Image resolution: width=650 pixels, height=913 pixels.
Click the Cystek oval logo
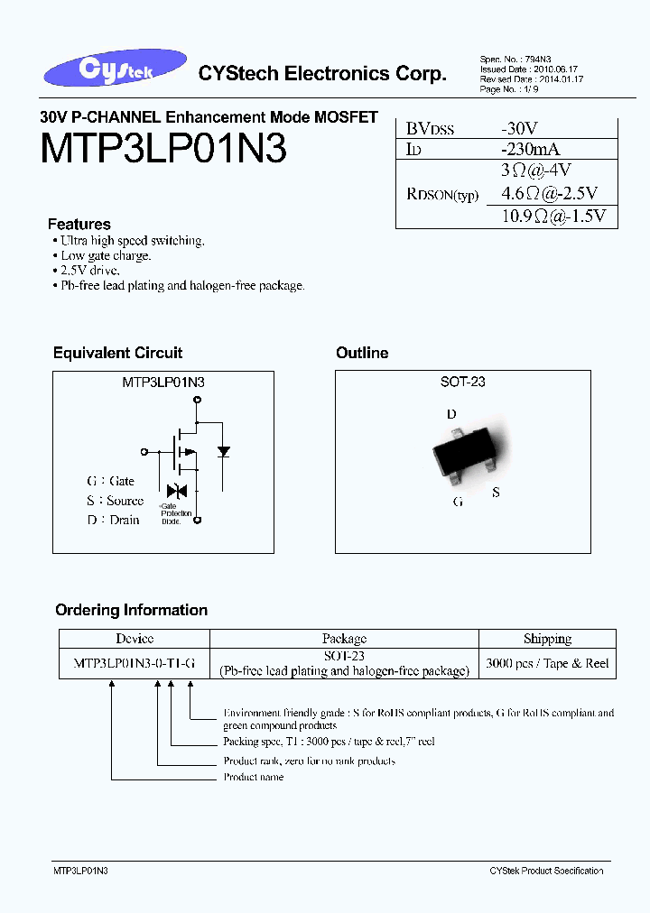[x=114, y=70]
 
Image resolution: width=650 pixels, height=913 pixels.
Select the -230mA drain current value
[x=532, y=149]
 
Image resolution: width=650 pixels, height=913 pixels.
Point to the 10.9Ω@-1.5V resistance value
[x=552, y=216]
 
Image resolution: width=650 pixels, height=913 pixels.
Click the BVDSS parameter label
[x=429, y=129]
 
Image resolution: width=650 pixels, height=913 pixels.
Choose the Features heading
[x=79, y=224]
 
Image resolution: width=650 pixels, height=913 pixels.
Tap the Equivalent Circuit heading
[x=117, y=353]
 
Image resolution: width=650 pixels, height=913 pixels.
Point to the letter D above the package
[x=451, y=414]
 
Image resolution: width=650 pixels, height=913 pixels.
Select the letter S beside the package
[x=496, y=493]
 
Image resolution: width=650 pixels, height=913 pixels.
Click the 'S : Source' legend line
[x=115, y=501]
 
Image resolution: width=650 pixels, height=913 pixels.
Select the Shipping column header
[x=547, y=639]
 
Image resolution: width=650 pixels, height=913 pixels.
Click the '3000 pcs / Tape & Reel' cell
[x=547, y=663]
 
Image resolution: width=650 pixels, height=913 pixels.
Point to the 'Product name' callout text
[x=254, y=777]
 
